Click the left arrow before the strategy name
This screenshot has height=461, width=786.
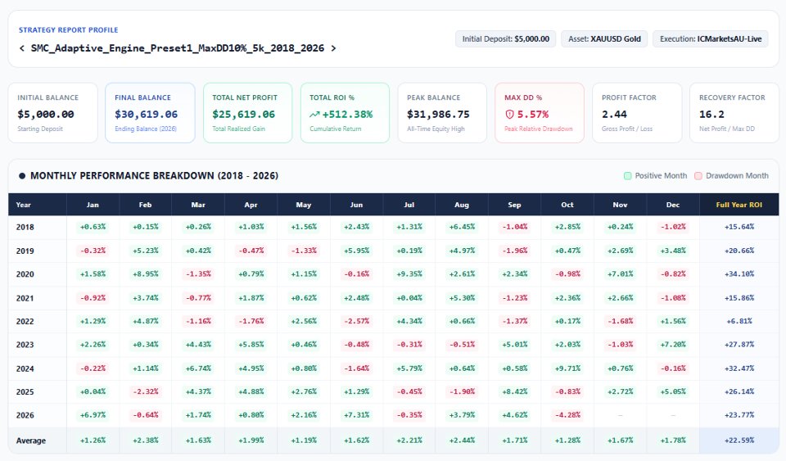21,48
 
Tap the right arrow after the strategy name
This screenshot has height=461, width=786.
333,48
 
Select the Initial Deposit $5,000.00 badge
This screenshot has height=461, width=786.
505,39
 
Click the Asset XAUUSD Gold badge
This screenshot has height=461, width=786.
604,39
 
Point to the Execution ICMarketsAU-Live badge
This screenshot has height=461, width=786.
711,39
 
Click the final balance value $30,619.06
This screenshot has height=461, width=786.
146,115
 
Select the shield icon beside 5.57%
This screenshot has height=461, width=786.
509,115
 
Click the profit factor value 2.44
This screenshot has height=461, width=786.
614,115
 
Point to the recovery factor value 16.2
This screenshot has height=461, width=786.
711,115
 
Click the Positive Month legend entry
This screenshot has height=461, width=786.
655,176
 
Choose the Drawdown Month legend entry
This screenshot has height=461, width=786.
731,176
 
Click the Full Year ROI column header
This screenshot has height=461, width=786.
739,205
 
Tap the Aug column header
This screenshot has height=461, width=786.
462,205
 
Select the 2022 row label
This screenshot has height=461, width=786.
25,321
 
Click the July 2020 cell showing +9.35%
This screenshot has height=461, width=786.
409,274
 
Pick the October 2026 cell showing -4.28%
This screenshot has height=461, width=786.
567,415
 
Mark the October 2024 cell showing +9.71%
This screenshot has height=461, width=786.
567,368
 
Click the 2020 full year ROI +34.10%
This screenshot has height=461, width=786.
739,274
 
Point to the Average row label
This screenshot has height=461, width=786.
30,441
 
